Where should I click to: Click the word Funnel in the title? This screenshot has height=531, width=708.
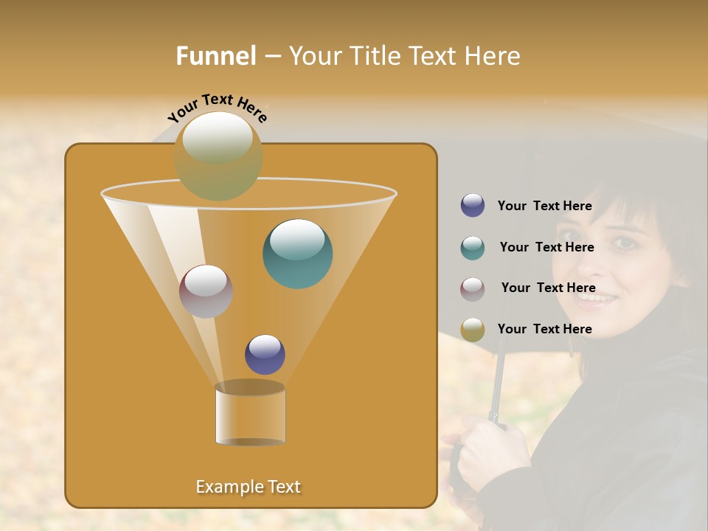point(216,56)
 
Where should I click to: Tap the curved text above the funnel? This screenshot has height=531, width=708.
point(218,108)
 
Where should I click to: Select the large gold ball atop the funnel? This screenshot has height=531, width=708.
point(218,156)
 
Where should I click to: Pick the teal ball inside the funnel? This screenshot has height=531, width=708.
point(297,254)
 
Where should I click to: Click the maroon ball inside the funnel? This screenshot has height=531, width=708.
point(206,291)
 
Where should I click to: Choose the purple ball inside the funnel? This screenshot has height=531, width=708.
point(265,355)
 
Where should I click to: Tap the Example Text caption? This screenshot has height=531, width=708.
point(249,487)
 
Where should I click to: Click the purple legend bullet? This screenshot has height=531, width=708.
point(473,206)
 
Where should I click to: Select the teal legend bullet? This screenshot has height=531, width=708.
point(473,248)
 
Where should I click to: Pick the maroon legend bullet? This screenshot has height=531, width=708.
point(473,289)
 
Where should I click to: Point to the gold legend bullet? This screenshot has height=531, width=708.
point(473,330)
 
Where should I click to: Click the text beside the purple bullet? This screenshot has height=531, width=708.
point(544,206)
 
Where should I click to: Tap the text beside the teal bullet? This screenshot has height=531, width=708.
point(546,248)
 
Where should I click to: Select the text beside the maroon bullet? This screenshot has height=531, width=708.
point(548,288)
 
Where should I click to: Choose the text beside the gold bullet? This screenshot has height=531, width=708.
point(544,329)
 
